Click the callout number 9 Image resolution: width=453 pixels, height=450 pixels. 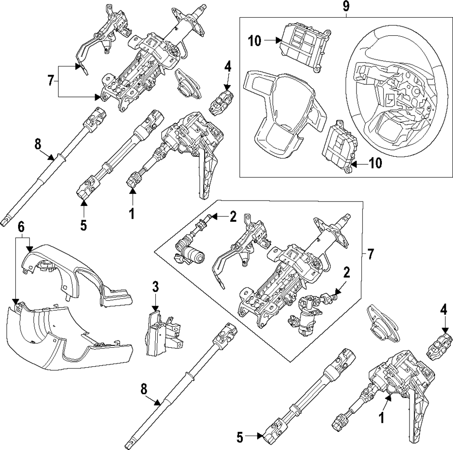coord(346,7)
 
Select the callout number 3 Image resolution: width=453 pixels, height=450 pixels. coord(155,286)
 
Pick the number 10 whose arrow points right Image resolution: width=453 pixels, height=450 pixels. coord(255,41)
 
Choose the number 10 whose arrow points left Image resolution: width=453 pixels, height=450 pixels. coord(376,163)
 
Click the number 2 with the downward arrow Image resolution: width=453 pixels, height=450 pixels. coord(346,273)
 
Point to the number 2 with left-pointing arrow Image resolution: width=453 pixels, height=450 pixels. coord(233,217)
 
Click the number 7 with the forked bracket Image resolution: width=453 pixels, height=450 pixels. coord(51,81)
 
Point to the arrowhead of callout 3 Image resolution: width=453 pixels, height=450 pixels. coord(155,306)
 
